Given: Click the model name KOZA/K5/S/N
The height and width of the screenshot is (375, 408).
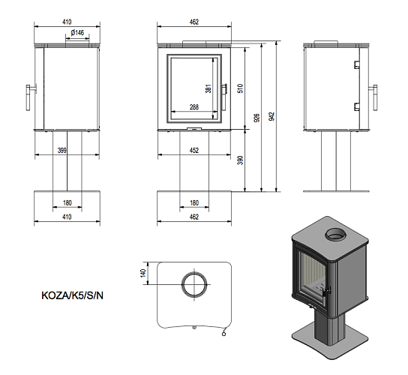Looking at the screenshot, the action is [72, 295].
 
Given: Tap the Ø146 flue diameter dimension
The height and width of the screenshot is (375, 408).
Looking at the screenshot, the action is [77, 33].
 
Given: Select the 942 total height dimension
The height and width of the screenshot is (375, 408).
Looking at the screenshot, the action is [271, 116].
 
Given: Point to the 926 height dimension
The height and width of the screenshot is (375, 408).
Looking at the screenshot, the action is [256, 118].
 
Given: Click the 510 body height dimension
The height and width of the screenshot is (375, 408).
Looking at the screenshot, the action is [240, 88].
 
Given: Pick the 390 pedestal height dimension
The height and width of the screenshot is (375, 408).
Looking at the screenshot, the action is [240, 160].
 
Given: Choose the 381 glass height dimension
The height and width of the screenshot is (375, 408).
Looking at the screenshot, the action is [208, 88].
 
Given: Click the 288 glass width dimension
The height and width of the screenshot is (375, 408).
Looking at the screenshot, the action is [194, 107].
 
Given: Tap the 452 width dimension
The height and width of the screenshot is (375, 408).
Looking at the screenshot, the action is [194, 151].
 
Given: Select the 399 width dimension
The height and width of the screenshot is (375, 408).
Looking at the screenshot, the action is [62, 151].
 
